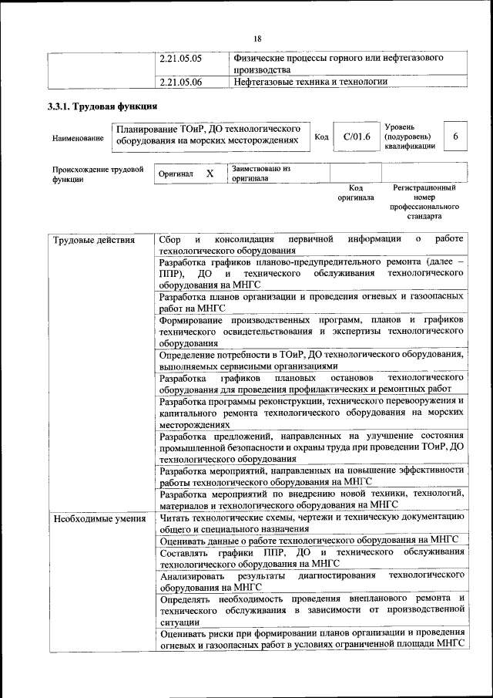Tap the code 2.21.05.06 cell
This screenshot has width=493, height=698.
[x=179, y=81]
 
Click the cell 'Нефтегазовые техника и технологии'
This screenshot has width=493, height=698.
[x=310, y=81]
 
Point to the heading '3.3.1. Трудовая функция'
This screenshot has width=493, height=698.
[x=102, y=106]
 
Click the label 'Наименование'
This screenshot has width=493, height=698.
[x=78, y=139]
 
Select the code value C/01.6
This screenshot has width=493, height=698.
[x=357, y=137]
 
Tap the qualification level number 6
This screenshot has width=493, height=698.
[x=455, y=137]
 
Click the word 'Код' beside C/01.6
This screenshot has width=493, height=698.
[x=322, y=137]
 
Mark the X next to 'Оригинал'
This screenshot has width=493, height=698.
[x=210, y=174]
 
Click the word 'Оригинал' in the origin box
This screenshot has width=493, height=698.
[x=176, y=175]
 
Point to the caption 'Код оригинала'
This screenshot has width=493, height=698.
[x=355, y=192]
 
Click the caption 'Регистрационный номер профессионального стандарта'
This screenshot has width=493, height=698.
[x=424, y=197]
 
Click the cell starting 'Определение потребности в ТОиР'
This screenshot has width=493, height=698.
[x=311, y=360]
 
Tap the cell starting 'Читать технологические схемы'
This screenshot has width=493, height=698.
[x=311, y=524]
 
